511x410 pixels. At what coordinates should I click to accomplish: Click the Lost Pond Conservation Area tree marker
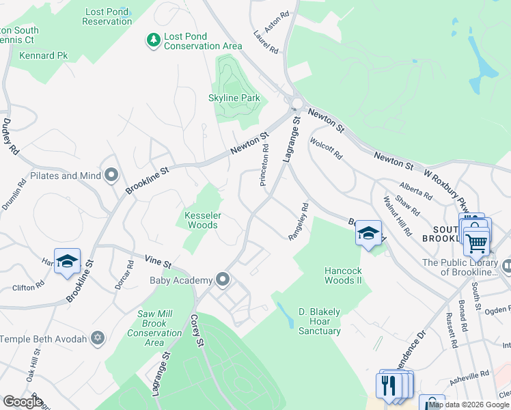click(x=154, y=41)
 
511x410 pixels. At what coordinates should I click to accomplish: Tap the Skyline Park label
click(x=234, y=98)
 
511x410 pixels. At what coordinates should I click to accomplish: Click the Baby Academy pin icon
click(x=222, y=279)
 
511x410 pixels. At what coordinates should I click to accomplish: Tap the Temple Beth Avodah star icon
click(x=98, y=339)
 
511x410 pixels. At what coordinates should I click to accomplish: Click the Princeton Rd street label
click(x=264, y=165)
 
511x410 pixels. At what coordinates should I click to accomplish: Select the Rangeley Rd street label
click(x=299, y=221)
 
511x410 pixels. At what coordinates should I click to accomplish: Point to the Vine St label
click(x=158, y=260)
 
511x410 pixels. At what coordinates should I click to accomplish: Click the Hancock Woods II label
click(x=343, y=275)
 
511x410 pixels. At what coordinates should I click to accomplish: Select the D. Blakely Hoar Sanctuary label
click(x=319, y=321)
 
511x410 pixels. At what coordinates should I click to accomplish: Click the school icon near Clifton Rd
click(x=68, y=261)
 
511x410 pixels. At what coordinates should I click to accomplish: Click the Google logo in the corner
click(x=22, y=402)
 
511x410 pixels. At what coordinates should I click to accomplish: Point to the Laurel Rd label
click(x=266, y=42)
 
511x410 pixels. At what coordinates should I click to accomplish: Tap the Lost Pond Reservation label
click(x=107, y=16)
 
